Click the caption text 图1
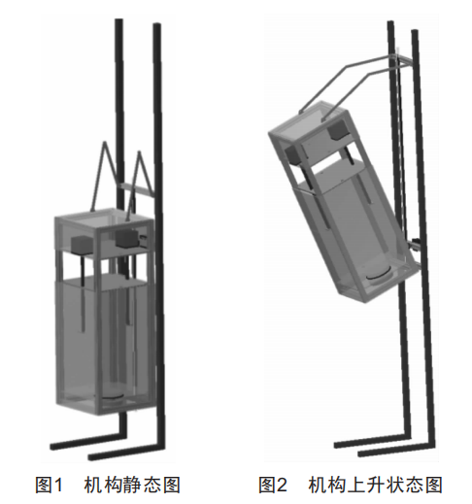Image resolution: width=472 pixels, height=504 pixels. pyautogui.click(x=48, y=485)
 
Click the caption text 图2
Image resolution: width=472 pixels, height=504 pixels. pyautogui.click(x=272, y=485)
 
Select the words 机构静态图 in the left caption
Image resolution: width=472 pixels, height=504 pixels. pyautogui.click(x=132, y=485)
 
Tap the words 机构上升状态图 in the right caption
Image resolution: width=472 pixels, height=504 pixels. pyautogui.click(x=375, y=485)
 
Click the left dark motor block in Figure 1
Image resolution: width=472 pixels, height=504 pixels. pyautogui.click(x=82, y=245)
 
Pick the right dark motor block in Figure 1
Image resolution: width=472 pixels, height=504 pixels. pyautogui.click(x=127, y=238)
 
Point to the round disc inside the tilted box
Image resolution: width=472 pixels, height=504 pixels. pyautogui.click(x=380, y=275)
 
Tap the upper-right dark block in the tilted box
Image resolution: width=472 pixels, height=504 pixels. pyautogui.click(x=338, y=132)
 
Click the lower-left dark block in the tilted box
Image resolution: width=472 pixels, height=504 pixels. pyautogui.click(x=293, y=154)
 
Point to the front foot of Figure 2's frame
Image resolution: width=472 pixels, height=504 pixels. pyautogui.click(x=396, y=450)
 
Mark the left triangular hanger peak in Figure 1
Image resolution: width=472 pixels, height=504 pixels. pyautogui.click(x=104, y=143)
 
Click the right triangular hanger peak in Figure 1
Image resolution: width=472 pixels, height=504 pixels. pyautogui.click(x=140, y=152)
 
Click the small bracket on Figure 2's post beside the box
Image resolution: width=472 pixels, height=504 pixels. pyautogui.click(x=414, y=244)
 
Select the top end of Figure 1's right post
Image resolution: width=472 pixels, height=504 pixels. pyautogui.click(x=157, y=24)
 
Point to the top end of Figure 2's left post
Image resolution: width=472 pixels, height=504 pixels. pyautogui.click(x=390, y=22)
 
